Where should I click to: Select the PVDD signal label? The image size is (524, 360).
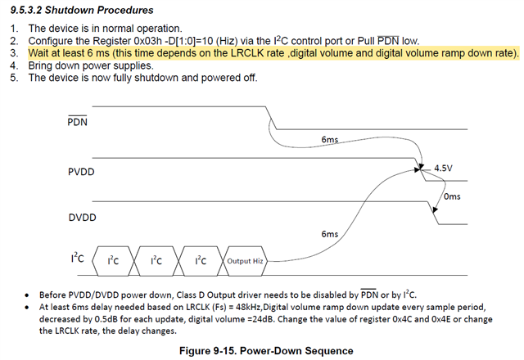pyautogui.click(x=80, y=173)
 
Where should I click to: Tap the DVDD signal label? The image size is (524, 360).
pyautogui.click(x=80, y=218)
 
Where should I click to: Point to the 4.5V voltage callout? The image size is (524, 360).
pyautogui.click(x=443, y=168)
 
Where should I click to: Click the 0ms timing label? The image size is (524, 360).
pyautogui.click(x=452, y=196)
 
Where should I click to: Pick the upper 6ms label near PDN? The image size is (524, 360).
pyautogui.click(x=329, y=140)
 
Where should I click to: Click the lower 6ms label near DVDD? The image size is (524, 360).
pyautogui.click(x=329, y=234)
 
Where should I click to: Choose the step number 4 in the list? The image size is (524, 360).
pyautogui.click(x=13, y=65)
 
